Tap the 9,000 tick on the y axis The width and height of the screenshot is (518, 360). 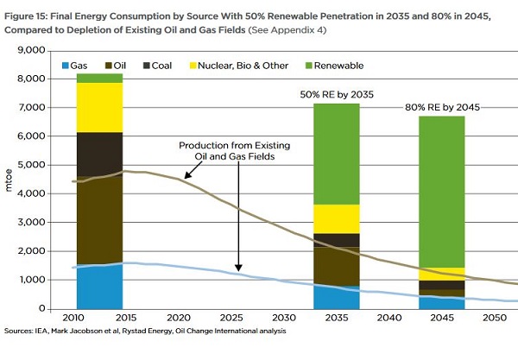click(x=30, y=50)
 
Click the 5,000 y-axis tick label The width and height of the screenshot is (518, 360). click(x=30, y=165)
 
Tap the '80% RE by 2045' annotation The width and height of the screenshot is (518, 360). click(x=442, y=107)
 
